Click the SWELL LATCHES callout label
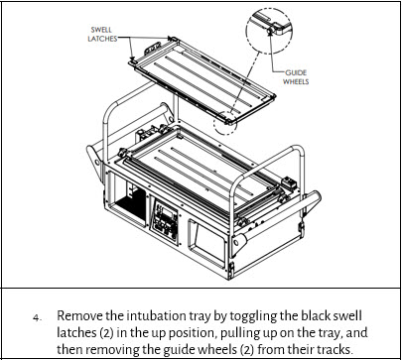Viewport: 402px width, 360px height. [102, 34]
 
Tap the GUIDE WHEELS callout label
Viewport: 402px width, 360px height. [296, 77]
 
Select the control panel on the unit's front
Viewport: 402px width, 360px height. [166, 219]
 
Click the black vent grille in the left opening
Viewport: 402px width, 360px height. [132, 206]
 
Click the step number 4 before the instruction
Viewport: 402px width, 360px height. [37, 318]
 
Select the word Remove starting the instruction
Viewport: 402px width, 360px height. [79, 315]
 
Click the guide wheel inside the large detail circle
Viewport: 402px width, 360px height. [270, 31]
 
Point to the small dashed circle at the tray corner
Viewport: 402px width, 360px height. [225, 123]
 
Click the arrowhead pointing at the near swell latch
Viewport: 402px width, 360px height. [132, 58]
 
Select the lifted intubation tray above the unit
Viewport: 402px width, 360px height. [201, 81]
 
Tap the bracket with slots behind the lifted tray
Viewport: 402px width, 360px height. [153, 49]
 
